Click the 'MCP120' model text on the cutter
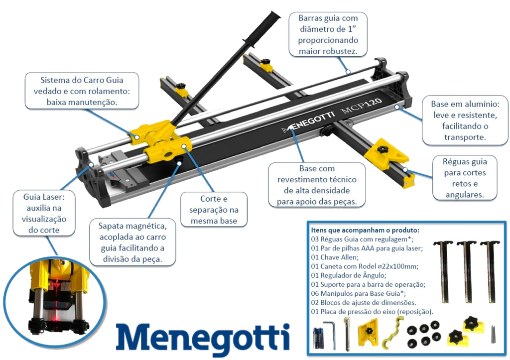point(361,106)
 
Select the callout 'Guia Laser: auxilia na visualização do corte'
point(44,213)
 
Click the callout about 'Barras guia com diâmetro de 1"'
point(328,34)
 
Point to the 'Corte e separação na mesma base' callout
point(214,210)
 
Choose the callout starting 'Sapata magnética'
point(132,242)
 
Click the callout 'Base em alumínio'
point(465,120)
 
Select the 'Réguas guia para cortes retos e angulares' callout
point(465,178)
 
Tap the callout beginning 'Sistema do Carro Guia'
point(82,91)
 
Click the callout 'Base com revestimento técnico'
point(317,185)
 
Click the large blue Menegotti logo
point(203,339)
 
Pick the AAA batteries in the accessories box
point(318,339)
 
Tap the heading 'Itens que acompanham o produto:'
point(365,230)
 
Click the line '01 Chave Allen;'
point(335,257)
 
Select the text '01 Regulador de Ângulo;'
point(349,275)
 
